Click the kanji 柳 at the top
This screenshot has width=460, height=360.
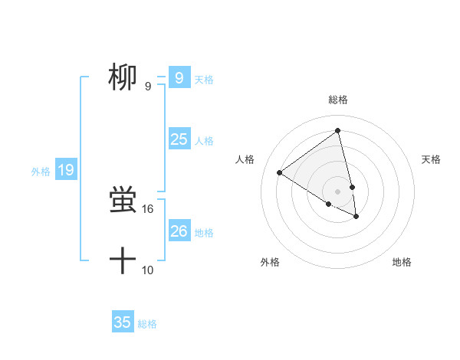pos(123,77)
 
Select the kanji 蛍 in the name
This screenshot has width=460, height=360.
pos(123,201)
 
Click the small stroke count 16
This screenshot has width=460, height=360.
pos(148,208)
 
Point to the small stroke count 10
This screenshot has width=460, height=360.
pos(148,270)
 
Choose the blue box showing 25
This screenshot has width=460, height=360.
pos(179,139)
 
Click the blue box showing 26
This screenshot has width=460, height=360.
pos(179,231)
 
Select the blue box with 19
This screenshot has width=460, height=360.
pos(66,170)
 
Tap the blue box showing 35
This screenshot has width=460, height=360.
pos(123,322)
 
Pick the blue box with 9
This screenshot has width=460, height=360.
pos(179,77)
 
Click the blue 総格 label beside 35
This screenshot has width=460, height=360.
pos(147,324)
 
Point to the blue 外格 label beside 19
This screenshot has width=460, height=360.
pos(41,172)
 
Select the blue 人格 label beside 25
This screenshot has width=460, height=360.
pos(204,140)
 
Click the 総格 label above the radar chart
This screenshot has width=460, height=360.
pos(338,100)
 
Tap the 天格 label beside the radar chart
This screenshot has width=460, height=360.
pos(432,159)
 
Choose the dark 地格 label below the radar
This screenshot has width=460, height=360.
pos(402,262)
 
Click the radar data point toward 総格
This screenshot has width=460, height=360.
pos(338,131)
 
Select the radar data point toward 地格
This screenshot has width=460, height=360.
pos(356,217)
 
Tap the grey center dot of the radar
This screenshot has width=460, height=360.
pos(338,191)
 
